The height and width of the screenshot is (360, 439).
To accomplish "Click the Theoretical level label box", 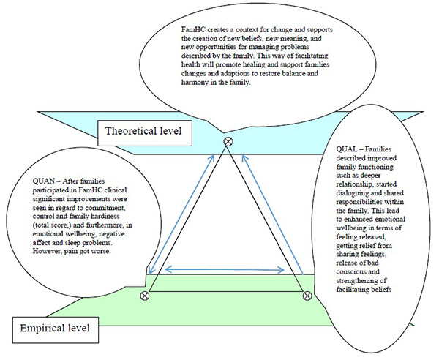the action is (x=145, y=133).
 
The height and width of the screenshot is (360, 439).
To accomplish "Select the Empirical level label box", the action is (x=56, y=330).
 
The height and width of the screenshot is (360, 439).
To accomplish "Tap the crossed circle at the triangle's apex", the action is (x=228, y=142).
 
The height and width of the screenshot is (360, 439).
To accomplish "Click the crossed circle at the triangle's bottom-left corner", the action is (x=144, y=296).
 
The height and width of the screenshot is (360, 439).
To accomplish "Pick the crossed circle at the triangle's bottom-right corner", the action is (x=307, y=296).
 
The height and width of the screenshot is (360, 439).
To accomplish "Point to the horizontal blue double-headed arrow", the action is (x=225, y=270).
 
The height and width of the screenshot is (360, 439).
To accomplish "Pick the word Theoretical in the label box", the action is (x=131, y=131).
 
